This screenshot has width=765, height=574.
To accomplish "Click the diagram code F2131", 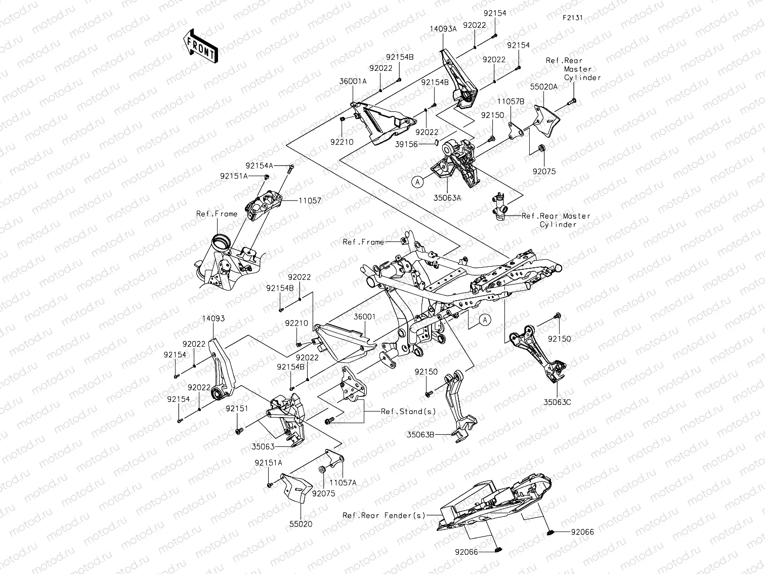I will [572, 17].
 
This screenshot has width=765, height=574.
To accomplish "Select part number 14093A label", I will [443, 29].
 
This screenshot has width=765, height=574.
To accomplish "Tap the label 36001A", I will [353, 81].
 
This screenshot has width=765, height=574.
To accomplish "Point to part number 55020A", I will [543, 87].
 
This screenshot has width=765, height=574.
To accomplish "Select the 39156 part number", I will [406, 144].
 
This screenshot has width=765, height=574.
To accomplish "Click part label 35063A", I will [447, 198].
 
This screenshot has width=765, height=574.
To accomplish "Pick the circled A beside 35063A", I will [417, 182].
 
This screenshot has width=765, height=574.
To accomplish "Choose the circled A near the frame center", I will [485, 319].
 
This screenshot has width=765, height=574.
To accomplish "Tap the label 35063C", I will [557, 402].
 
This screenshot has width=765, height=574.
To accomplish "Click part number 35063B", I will [421, 434].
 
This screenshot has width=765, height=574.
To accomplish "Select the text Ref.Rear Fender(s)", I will [384, 515].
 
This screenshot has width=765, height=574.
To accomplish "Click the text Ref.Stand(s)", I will [408, 412].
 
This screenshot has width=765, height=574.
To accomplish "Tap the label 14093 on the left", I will [213, 319].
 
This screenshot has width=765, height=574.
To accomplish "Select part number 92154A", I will [259, 166].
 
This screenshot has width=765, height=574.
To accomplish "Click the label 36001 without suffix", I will [364, 317].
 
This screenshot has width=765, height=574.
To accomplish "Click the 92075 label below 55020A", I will [544, 172].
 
